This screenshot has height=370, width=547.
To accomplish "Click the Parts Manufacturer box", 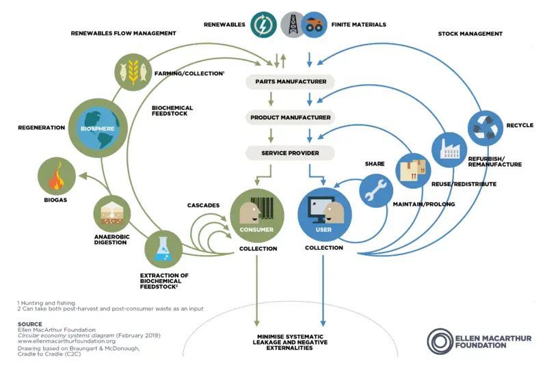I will (x=290, y=82).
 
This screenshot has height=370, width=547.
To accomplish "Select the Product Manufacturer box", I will (x=290, y=118).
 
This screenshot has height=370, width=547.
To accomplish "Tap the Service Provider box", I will (x=290, y=153).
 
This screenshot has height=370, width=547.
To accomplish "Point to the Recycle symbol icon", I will (x=486, y=127).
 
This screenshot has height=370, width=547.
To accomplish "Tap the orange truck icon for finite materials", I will (x=314, y=25).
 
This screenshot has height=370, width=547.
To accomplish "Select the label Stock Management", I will (x=470, y=34).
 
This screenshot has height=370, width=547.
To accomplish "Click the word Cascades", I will (x=203, y=205).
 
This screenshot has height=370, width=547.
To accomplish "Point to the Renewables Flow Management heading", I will (x=123, y=33).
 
